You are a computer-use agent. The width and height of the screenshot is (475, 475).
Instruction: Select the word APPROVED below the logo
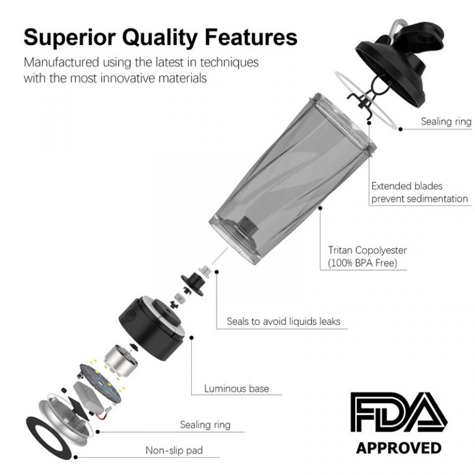pyautogui.click(x=399, y=447)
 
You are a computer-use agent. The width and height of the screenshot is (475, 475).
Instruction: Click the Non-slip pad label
pyautogui.click(x=174, y=450)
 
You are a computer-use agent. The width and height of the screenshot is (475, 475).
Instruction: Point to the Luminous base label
pyautogui.click(x=236, y=388)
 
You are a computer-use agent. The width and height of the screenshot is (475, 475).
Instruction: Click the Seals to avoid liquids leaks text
pyautogui.click(x=283, y=321)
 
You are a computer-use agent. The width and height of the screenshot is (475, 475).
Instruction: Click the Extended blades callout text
pyautogui.click(x=419, y=192)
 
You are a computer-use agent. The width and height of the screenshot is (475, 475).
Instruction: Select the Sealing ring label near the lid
pyautogui.click(x=446, y=121)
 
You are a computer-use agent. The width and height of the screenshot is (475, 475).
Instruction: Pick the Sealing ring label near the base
pyautogui.click(x=205, y=424)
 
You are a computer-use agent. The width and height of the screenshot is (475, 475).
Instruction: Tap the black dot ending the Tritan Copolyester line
pyautogui.click(x=321, y=209)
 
